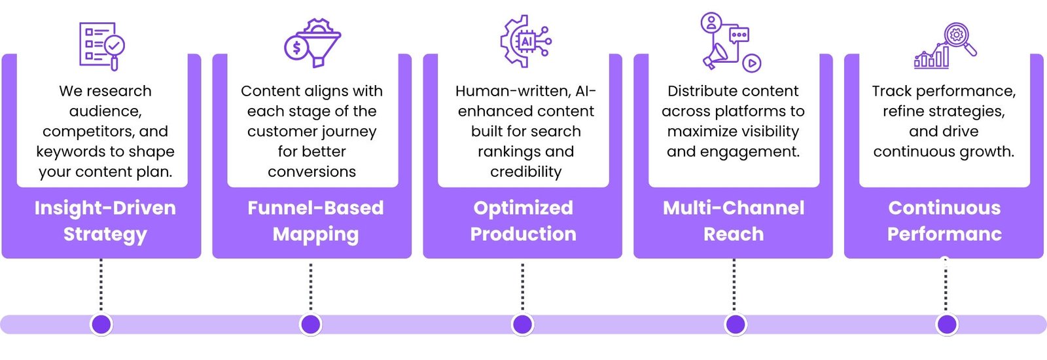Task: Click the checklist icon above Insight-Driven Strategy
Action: coord(102,46)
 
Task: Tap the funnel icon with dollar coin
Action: coord(312,43)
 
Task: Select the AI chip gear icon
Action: coord(526,41)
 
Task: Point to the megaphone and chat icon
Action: coord(731,42)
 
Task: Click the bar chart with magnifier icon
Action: coord(945,46)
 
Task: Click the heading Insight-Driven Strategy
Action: coord(105,221)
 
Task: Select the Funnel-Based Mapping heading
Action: coord(315,221)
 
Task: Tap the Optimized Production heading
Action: coord(523,221)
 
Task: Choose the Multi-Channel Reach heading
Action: coord(734,221)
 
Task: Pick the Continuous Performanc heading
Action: coord(944,221)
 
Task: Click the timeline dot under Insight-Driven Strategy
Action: coord(101,324)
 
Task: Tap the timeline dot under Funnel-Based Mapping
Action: coord(311,324)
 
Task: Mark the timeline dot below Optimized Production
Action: coord(523,324)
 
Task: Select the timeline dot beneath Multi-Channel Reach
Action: coord(736,324)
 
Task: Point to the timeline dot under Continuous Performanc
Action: coord(947,324)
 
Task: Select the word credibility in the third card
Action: coord(526,172)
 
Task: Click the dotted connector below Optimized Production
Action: coord(523,286)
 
